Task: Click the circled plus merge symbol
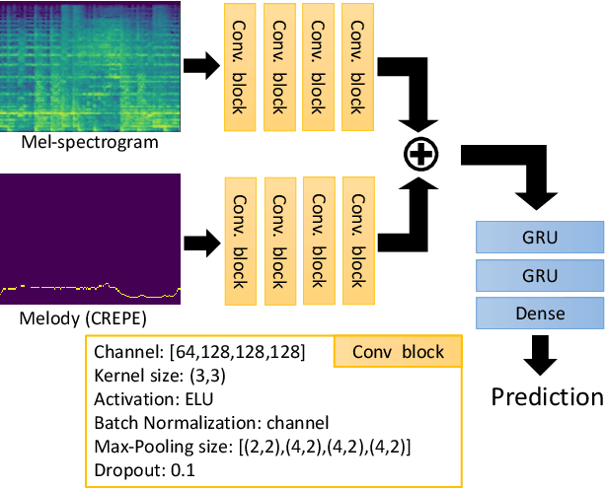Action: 421,154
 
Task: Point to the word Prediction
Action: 548,396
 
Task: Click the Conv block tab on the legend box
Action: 398,352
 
